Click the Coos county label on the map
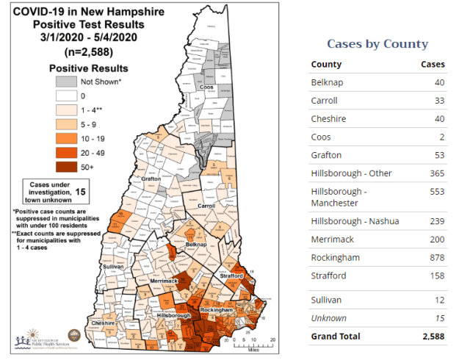pyautogui.click(x=207, y=87)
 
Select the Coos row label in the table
pyautogui.click(x=322, y=137)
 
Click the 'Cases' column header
pyautogui.click(x=432, y=65)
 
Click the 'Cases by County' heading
pyautogui.click(x=377, y=43)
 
